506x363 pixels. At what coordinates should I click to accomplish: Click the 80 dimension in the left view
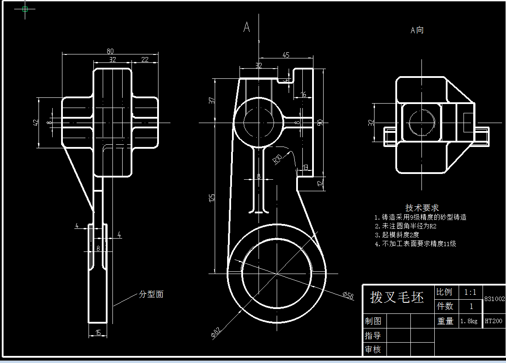click(110, 51)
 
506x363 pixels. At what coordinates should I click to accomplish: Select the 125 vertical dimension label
click(212, 197)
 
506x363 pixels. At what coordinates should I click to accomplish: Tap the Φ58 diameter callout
click(348, 295)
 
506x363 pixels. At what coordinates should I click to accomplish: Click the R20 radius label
click(278, 159)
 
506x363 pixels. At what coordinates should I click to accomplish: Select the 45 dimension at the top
click(286, 55)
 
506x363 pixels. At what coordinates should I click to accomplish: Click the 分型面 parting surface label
click(151, 294)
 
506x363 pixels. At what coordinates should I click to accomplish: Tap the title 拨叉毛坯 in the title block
click(397, 297)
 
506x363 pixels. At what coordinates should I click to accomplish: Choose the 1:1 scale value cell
click(470, 292)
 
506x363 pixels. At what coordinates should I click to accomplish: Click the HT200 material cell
click(494, 321)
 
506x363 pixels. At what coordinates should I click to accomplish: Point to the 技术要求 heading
click(422, 208)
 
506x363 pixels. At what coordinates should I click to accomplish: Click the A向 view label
click(417, 30)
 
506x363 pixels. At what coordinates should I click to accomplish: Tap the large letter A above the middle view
click(247, 27)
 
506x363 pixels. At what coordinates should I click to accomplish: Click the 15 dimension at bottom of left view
click(98, 332)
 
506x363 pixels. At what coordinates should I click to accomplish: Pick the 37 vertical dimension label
click(212, 100)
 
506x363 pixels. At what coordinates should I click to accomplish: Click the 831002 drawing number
click(494, 299)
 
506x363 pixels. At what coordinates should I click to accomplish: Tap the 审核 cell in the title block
click(373, 349)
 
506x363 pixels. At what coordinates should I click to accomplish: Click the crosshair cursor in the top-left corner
click(25, 8)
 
